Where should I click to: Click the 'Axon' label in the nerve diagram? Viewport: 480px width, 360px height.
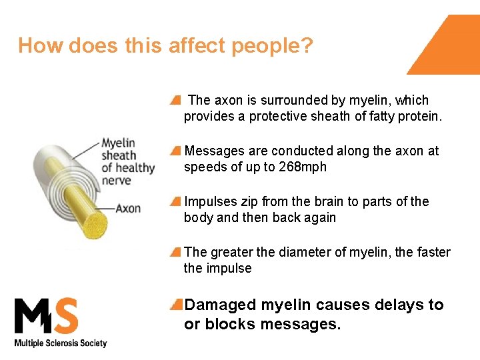(128, 208)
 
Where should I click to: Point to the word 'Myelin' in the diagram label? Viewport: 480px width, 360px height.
(118, 143)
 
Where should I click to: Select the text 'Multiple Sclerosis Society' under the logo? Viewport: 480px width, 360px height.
(61, 343)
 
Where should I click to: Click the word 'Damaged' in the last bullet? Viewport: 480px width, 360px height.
(220, 305)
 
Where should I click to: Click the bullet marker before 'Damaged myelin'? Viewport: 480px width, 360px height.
(176, 305)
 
